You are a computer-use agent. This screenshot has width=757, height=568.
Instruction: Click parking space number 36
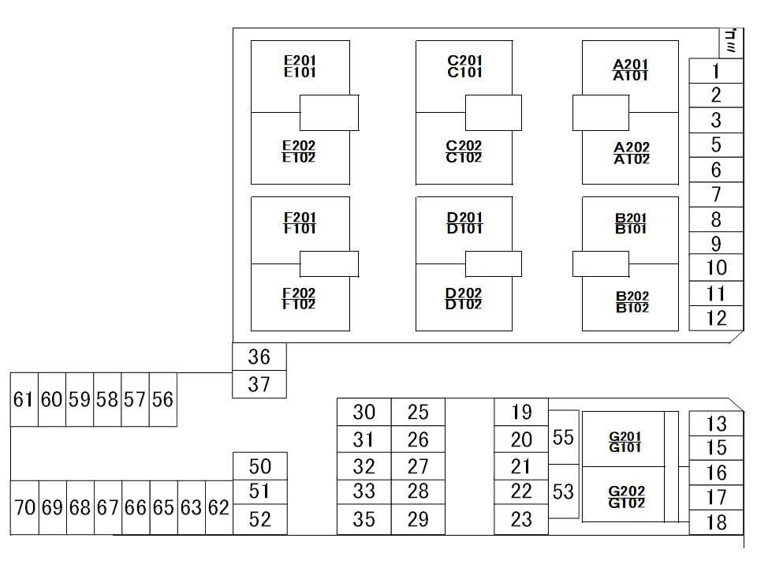(x=259, y=357)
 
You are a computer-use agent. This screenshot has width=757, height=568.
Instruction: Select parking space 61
(x=23, y=399)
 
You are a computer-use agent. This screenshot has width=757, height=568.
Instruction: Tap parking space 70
(x=24, y=507)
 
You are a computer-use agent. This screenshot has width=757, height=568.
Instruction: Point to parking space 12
(x=716, y=318)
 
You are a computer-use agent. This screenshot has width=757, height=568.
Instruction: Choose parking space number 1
(x=716, y=71)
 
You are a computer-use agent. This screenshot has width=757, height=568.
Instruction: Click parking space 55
(x=563, y=437)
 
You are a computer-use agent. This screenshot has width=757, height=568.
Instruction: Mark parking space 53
(x=563, y=492)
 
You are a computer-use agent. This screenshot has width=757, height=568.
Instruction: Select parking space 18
(x=716, y=522)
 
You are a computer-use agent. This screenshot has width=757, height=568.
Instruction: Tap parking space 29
(x=418, y=520)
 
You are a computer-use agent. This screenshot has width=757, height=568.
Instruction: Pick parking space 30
(x=364, y=412)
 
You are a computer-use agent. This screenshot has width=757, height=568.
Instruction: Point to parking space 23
(x=521, y=520)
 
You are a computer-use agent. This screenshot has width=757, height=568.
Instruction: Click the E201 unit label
(x=300, y=60)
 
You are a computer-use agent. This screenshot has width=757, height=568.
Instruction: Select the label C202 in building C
(x=464, y=145)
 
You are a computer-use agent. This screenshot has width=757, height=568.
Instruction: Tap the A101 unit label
(x=631, y=77)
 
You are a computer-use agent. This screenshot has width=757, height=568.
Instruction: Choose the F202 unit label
(x=299, y=293)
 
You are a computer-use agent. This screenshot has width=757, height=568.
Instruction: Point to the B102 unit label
(x=632, y=308)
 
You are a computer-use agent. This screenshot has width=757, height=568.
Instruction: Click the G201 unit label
(x=625, y=436)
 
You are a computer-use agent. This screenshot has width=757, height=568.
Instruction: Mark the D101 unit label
(x=464, y=230)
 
